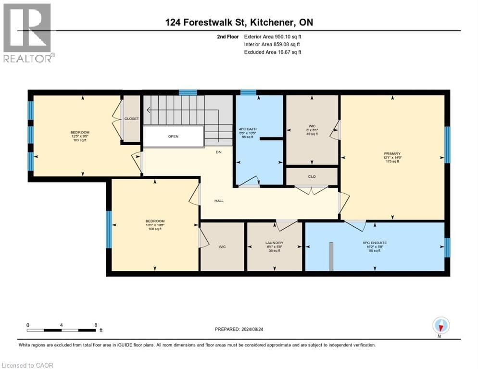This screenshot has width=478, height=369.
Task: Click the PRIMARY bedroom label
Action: pyautogui.click(x=392, y=153)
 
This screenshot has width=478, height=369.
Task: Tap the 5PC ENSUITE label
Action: pyautogui.click(x=375, y=243)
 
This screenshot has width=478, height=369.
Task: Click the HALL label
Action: pyautogui.click(x=219, y=201)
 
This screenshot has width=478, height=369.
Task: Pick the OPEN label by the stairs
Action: pyautogui.click(x=173, y=136)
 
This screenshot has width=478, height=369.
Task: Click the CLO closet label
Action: pyautogui.click(x=312, y=176)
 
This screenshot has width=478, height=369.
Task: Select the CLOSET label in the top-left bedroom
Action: pyautogui.click(x=131, y=118)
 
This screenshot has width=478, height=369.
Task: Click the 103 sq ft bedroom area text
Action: pyautogui.click(x=80, y=139)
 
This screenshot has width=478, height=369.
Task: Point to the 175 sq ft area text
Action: pyautogui.click(x=392, y=161)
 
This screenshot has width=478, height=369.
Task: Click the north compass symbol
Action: pyautogui.click(x=440, y=326)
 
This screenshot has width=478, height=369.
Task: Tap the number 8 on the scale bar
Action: pyautogui.click(x=96, y=325)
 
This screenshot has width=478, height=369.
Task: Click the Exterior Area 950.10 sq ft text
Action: pyautogui.click(x=273, y=37)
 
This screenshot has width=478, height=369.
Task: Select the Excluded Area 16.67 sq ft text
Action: pyautogui.click(x=273, y=52)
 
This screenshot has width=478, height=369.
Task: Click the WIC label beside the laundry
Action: pyautogui.click(x=222, y=246)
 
